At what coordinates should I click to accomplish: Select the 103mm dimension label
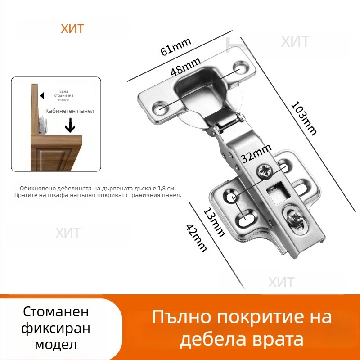(304, 118)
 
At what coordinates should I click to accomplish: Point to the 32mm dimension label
(256, 153)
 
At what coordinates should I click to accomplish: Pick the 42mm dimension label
(196, 238)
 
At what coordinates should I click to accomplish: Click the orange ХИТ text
(72, 29)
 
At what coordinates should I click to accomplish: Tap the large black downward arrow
(70, 126)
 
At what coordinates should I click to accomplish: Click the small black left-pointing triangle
(41, 96)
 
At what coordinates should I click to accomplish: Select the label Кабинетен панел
(70, 110)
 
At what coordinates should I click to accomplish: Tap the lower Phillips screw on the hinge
(296, 218)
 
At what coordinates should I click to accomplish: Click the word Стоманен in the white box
(56, 312)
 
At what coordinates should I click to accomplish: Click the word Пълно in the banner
(180, 317)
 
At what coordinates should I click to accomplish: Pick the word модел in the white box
(56, 345)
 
